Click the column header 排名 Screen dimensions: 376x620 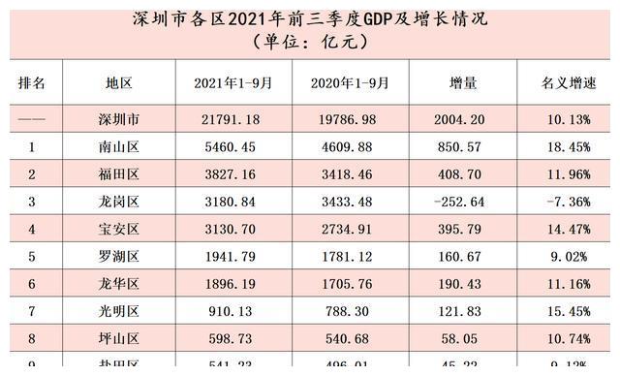pyautogui.click(x=32, y=83)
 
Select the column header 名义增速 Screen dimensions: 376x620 pyautogui.click(x=567, y=83)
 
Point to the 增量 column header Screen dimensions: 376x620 pyautogui.click(x=463, y=83)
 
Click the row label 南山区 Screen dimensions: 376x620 pyautogui.click(x=119, y=147)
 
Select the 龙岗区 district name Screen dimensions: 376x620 pyautogui.click(x=119, y=202)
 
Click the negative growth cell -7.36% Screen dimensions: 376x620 pyautogui.click(x=567, y=202)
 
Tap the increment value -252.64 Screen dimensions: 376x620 pyautogui.click(x=463, y=202)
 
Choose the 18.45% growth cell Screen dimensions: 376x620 pyautogui.click(x=567, y=147)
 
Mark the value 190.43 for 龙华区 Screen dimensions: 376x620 pyautogui.click(x=463, y=286)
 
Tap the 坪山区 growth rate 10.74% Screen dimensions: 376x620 pyautogui.click(x=567, y=340)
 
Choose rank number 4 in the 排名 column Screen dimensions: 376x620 pyautogui.click(x=32, y=231)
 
